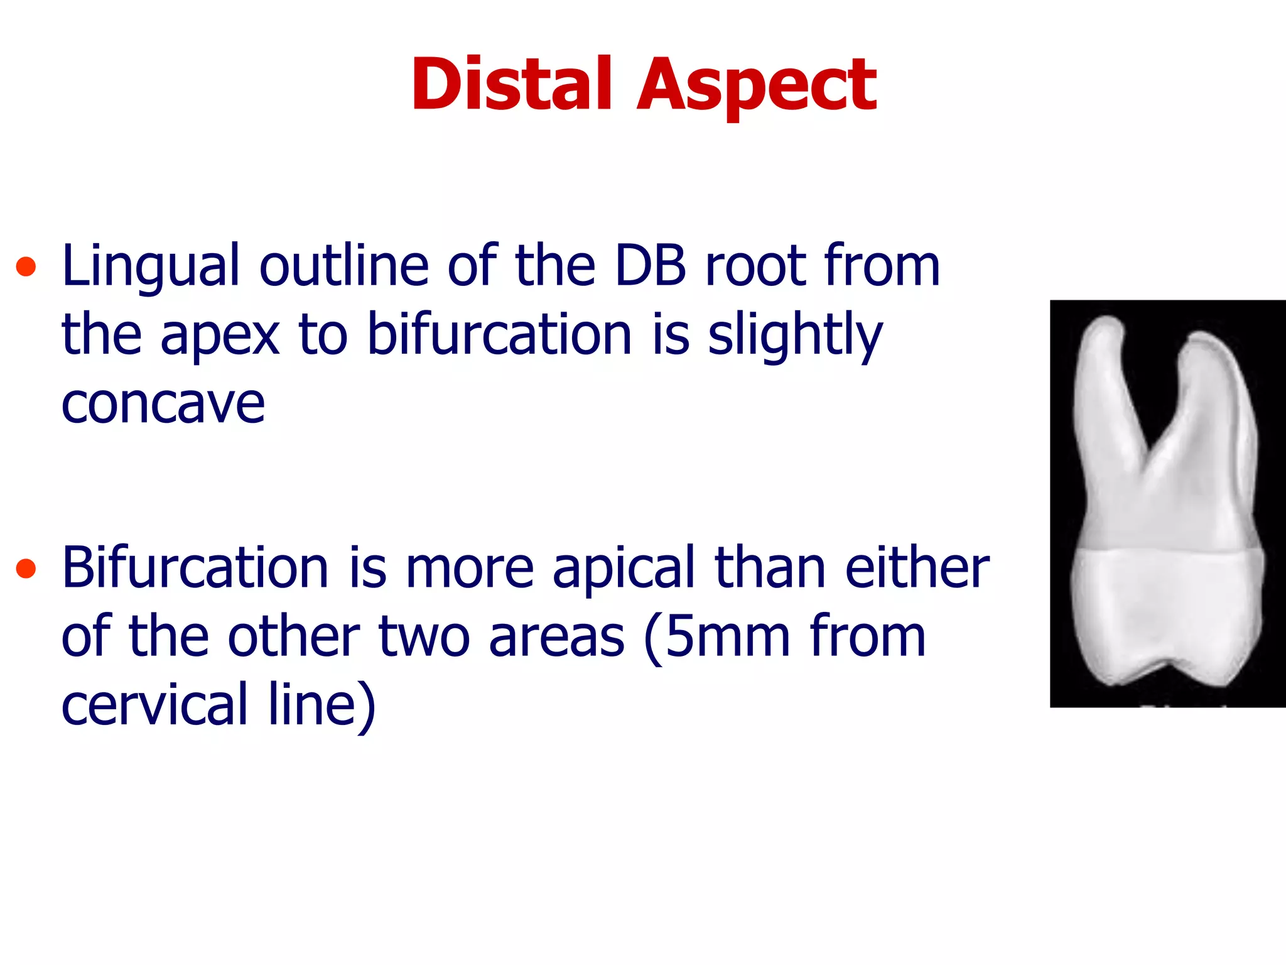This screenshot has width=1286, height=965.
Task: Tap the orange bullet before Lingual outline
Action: (x=26, y=266)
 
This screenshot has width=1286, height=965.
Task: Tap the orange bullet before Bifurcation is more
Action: (x=26, y=568)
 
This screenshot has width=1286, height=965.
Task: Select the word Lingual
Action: (x=151, y=266)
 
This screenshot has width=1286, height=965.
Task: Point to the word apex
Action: (x=220, y=335)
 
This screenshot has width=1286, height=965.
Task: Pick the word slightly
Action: (x=795, y=335)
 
